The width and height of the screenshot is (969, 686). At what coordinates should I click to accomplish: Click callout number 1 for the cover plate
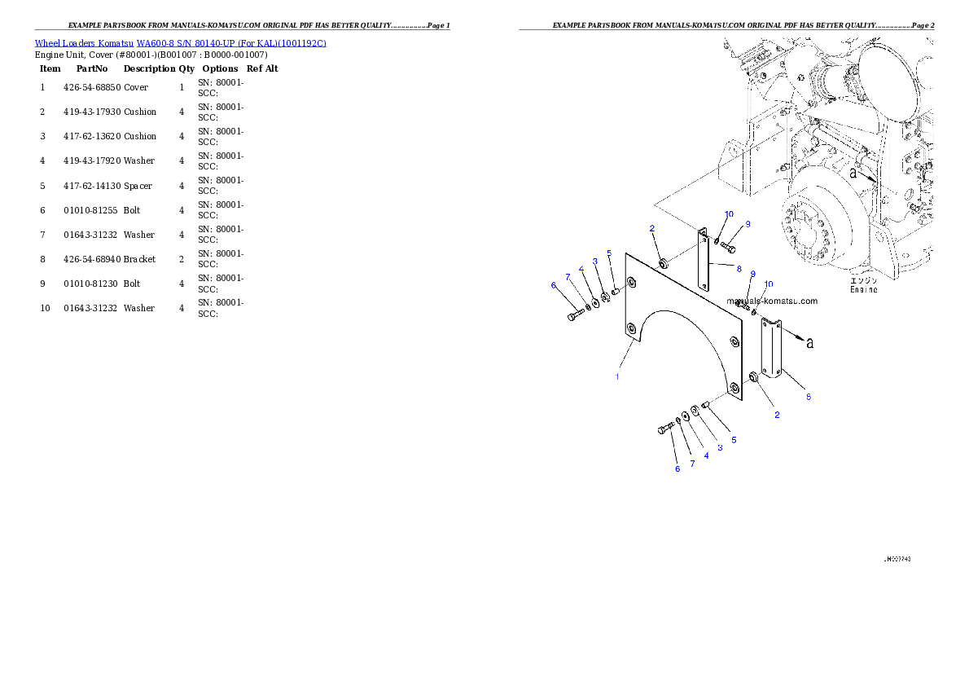coord(617,376)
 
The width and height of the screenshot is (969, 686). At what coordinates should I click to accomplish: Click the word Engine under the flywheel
coord(863,289)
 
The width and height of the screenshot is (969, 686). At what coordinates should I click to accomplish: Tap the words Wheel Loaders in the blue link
coord(64,43)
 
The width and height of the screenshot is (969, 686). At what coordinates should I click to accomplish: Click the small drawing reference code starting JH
coord(897,560)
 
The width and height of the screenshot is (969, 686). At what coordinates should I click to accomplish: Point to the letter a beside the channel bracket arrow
coord(809,343)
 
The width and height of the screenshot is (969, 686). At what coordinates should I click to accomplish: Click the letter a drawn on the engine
coord(853,174)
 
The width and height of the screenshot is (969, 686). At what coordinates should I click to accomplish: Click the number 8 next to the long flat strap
coord(739,268)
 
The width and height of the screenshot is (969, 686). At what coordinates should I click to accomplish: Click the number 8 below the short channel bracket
coord(808,397)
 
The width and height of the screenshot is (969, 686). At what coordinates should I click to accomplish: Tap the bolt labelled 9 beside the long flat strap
coord(727,245)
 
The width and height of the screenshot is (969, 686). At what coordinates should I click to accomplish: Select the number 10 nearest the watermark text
coord(769,284)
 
